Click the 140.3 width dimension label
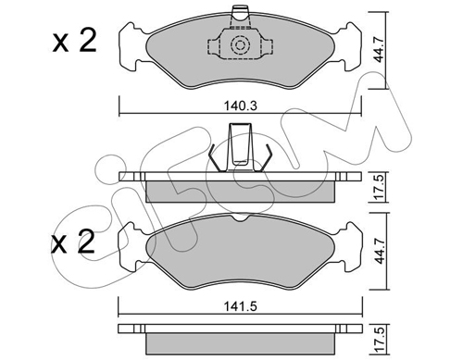pos(241,106)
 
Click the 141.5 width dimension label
pos(241,306)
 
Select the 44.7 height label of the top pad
pos(379,49)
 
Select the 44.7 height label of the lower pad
pos(380,250)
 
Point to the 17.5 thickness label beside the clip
pos(380,187)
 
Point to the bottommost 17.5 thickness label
pos(381,341)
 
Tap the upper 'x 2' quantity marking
pos(74,41)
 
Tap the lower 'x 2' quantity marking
pos(73,242)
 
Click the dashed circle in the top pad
pos(240,45)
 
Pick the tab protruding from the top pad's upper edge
pos(240,18)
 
